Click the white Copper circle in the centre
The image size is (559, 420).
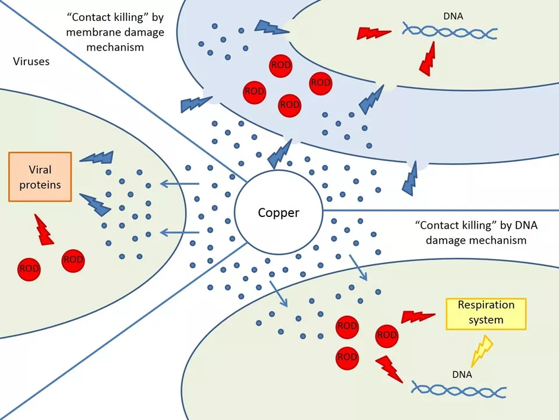pyautogui.click(x=278, y=212)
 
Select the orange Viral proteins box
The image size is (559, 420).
pyautogui.click(x=40, y=177)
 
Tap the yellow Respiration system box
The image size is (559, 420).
pyautogui.click(x=486, y=314)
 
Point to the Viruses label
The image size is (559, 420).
pyautogui.click(x=31, y=61)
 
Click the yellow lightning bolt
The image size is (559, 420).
pyautogui.click(x=482, y=351)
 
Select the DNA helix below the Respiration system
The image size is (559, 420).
pyautogui.click(x=458, y=389)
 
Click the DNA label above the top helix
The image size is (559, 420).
pyautogui.click(x=453, y=16)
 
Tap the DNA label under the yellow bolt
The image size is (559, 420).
pyautogui.click(x=462, y=374)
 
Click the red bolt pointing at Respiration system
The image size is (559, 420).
pyautogui.click(x=418, y=316)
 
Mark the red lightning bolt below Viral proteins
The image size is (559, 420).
pyautogui.click(x=43, y=230)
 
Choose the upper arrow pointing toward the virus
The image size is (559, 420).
pyautogui.click(x=179, y=184)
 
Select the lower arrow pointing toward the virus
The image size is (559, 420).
pyautogui.click(x=179, y=233)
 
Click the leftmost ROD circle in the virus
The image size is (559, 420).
pyautogui.click(x=29, y=269)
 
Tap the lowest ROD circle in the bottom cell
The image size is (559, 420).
pyautogui.click(x=347, y=358)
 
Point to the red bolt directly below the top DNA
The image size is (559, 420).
pyautogui.click(x=428, y=59)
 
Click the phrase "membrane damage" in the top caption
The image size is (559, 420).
pyautogui.click(x=115, y=32)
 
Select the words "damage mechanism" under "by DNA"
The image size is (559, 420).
pyautogui.click(x=476, y=240)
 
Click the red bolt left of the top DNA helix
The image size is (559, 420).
pyautogui.click(x=373, y=33)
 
